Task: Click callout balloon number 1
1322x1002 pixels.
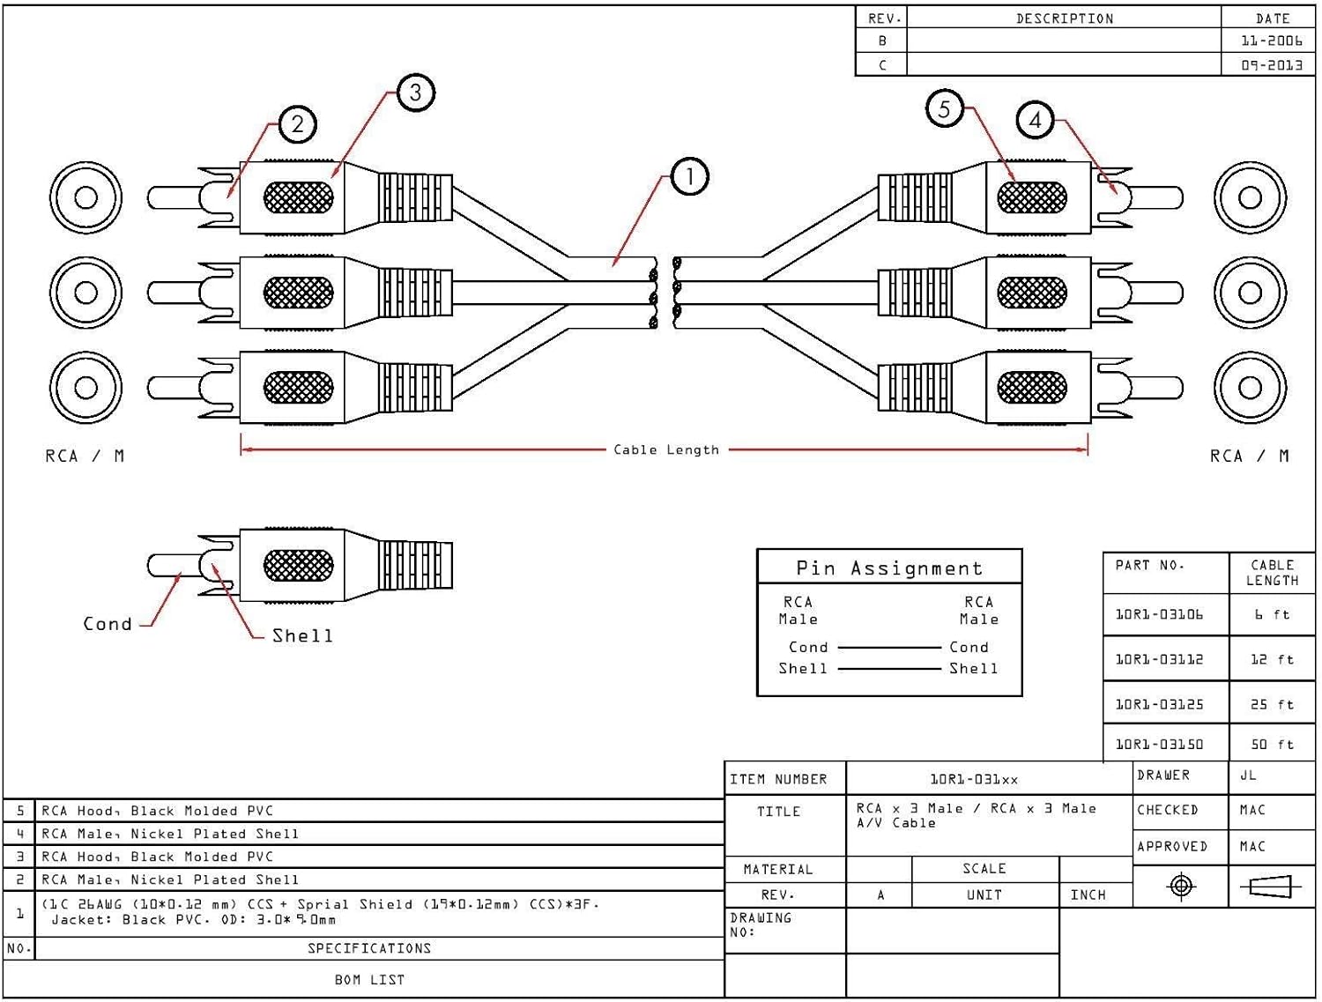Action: [x=689, y=177]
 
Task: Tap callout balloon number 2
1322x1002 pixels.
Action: [x=298, y=124]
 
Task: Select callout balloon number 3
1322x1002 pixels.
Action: [x=415, y=93]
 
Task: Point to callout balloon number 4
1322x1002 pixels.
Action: [x=1036, y=120]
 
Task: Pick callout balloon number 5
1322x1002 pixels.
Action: [x=945, y=109]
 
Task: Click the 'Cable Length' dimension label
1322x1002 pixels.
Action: [x=666, y=449]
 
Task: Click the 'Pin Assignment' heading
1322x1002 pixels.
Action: [x=889, y=568]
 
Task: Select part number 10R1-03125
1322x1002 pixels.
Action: [x=1159, y=704]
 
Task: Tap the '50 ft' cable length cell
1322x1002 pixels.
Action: [x=1272, y=744]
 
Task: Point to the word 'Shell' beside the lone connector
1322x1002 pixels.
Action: [x=302, y=635]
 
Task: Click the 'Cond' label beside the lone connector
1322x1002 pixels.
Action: [x=108, y=624]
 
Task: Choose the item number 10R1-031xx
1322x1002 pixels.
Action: [x=974, y=779]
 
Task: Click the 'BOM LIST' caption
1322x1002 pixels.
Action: [x=369, y=979]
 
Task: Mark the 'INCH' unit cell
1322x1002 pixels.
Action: [x=1088, y=894]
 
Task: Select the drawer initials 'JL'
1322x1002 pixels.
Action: [x=1248, y=776]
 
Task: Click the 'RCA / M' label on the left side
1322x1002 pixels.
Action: [x=85, y=456]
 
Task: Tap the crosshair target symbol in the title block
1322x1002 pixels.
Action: [x=1181, y=886]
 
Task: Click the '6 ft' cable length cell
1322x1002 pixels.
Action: [x=1272, y=614]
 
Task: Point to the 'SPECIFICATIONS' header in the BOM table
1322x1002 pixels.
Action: [x=369, y=948]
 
